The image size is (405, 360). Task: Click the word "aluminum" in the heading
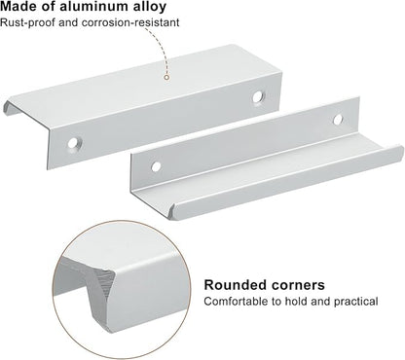coord(94,7)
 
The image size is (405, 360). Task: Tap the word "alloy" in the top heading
coord(150,7)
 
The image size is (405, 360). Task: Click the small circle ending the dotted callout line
coord(166,77)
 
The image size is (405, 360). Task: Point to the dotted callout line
coord(160,49)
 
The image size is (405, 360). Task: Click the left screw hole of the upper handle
coord(73,143)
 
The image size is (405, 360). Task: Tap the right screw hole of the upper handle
coord(258,96)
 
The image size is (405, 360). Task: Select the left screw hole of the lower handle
coord(156,166)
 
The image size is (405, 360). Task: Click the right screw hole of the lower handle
coord(338,120)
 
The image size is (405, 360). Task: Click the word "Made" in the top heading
coord(18,7)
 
